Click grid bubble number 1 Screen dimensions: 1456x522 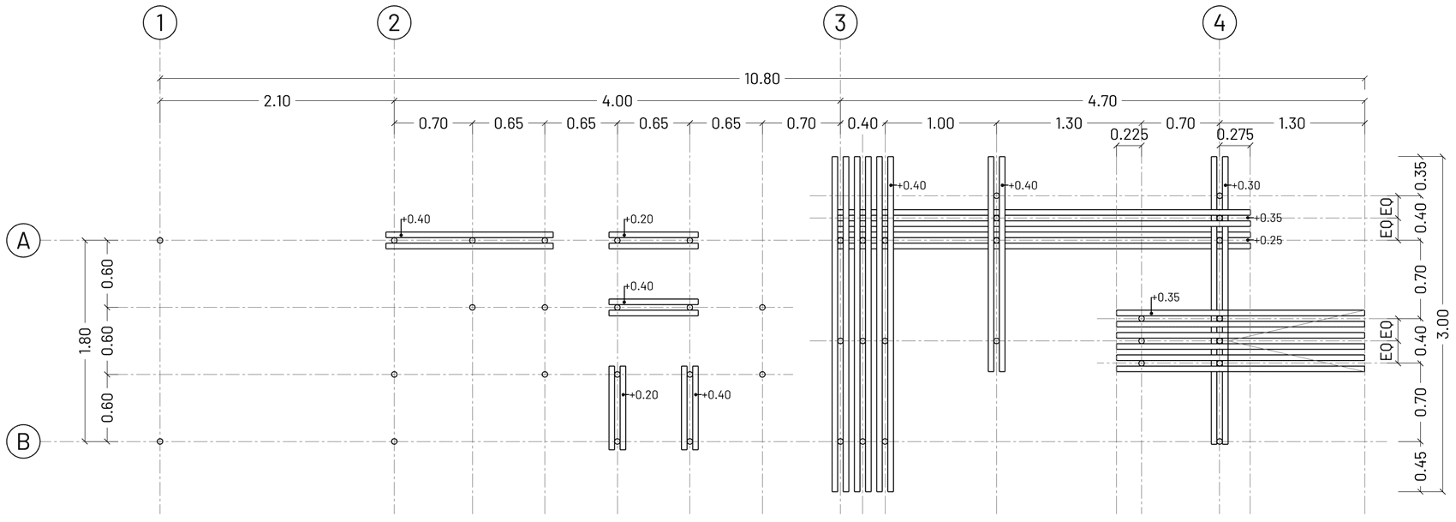(x=160, y=23)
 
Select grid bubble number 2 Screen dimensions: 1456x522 (x=394, y=23)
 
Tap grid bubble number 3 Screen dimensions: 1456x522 (x=840, y=23)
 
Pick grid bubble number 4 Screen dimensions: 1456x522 (x=1220, y=23)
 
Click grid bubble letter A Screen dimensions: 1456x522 (x=23, y=241)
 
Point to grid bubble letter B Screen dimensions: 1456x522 (x=23, y=442)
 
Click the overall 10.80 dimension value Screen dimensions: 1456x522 (x=761, y=80)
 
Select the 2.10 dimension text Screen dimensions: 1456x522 (x=277, y=101)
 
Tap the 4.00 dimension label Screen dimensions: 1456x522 (x=617, y=101)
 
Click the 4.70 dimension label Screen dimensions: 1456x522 (x=1101, y=101)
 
